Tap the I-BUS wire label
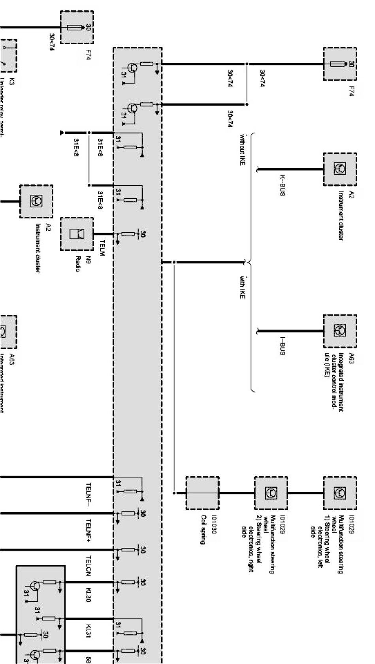282,346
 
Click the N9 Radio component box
77,233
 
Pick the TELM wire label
102,248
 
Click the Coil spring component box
202,493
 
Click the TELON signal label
89,565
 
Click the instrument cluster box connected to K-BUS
340,169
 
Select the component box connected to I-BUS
340,331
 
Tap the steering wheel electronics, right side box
271,493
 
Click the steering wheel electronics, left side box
340,493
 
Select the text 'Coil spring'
203,530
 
